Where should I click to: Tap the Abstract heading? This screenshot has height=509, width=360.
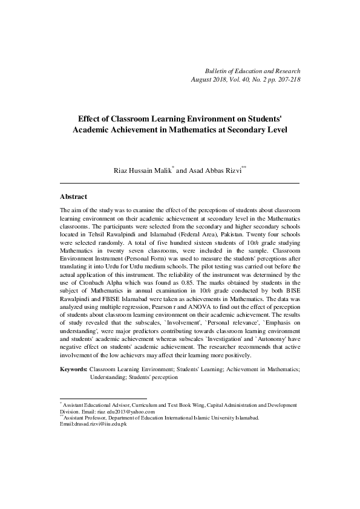point(74,197)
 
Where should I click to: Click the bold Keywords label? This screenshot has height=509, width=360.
point(73,368)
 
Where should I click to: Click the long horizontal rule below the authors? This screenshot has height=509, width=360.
point(180,183)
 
